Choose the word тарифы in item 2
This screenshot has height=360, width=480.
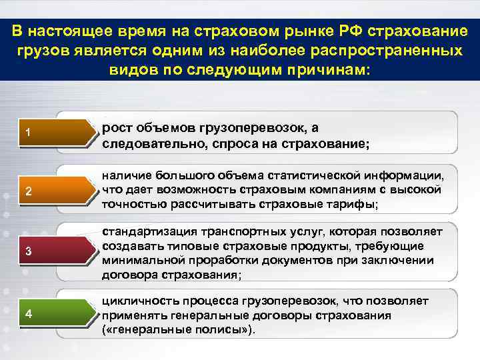[x=351, y=205]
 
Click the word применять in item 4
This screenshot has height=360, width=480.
[x=130, y=315]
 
